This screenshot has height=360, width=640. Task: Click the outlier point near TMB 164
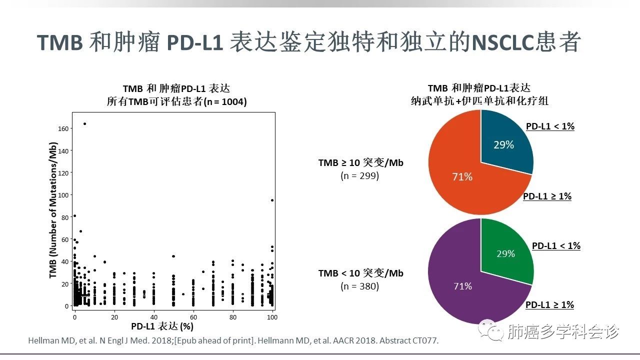84,123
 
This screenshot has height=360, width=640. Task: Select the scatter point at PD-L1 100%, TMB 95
272,200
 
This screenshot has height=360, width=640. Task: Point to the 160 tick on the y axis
63,128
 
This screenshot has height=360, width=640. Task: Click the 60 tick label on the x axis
193,317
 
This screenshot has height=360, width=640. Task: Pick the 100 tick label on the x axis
272,317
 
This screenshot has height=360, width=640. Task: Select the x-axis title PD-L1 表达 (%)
162,326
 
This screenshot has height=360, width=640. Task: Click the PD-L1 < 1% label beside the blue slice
550,126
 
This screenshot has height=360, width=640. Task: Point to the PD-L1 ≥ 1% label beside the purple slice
549,304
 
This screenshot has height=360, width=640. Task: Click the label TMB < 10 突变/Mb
360,273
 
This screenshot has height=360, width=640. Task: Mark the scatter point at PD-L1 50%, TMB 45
173,256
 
